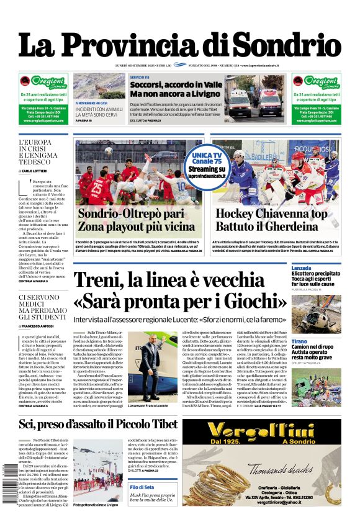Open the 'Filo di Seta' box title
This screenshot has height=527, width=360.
coord(142,488)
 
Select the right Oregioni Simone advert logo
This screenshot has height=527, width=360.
coord(316,83)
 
